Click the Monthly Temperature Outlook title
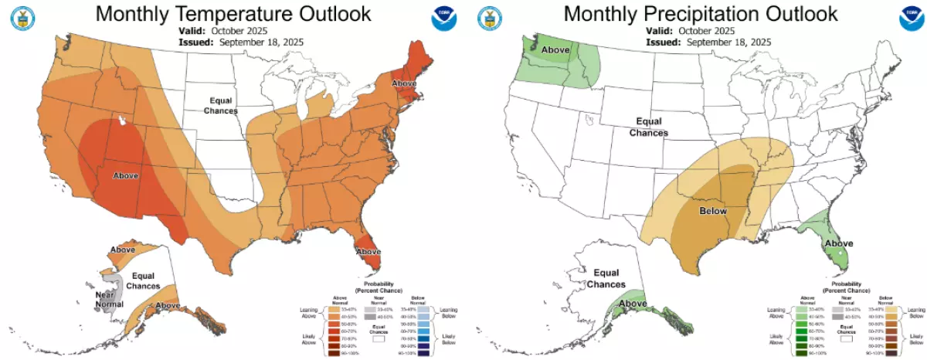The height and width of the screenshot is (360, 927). tap(233, 14)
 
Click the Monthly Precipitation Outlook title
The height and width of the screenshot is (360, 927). tap(700, 14)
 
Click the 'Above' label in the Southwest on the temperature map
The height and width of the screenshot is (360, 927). tap(126, 176)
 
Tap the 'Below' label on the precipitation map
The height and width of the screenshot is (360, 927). tap(713, 210)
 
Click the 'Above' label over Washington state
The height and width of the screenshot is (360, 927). tap(555, 51)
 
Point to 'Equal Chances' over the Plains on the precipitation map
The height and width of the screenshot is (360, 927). tap(648, 127)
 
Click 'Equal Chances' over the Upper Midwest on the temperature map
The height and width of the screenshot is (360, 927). tap(220, 106)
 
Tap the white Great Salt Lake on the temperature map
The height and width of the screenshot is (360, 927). tap(122, 121)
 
